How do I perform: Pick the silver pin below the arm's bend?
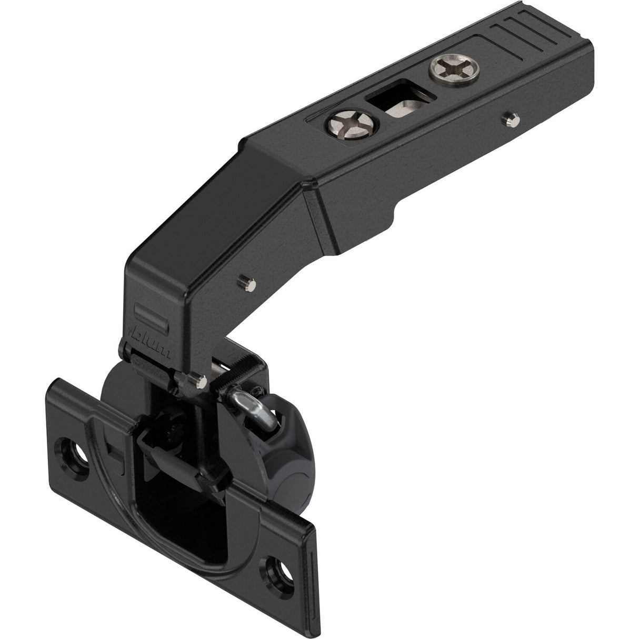pos(251,283)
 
